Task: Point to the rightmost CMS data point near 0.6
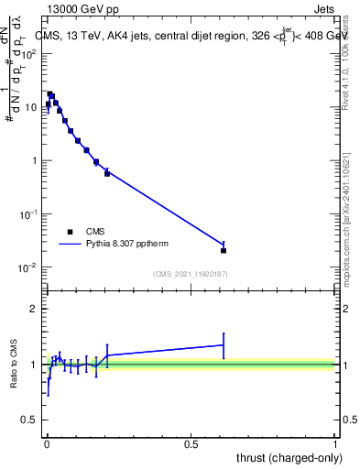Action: click(x=224, y=250)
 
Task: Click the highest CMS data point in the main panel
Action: click(x=50, y=93)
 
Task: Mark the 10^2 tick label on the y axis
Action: click(x=27, y=53)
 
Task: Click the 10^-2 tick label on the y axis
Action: click(x=27, y=267)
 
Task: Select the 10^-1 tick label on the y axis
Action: click(x=27, y=214)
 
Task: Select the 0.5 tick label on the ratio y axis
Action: click(x=29, y=420)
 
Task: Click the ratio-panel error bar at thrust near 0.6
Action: click(x=224, y=345)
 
